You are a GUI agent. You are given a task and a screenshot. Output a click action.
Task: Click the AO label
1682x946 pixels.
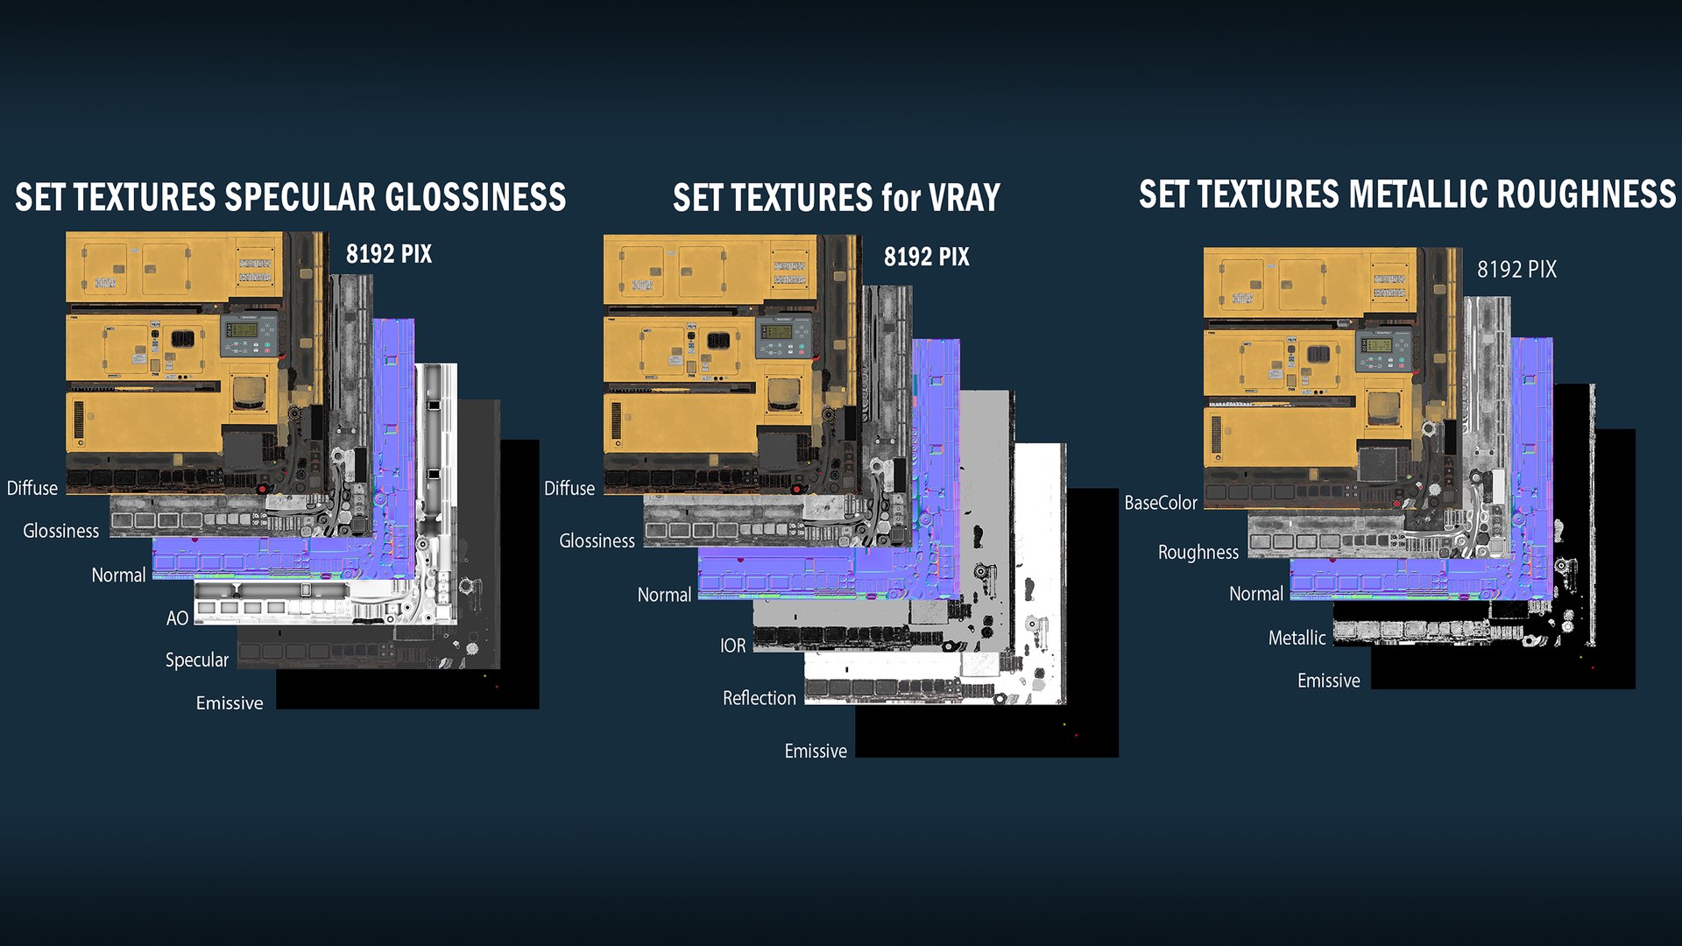click(177, 618)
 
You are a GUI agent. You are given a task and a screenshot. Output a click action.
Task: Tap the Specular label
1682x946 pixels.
click(197, 660)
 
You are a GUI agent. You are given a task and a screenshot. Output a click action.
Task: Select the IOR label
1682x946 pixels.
click(733, 646)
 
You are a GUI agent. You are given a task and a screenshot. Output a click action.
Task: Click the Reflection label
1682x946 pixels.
click(760, 698)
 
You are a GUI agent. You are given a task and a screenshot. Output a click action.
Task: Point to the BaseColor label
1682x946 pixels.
click(1161, 503)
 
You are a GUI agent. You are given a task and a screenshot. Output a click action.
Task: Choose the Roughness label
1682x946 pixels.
click(1198, 553)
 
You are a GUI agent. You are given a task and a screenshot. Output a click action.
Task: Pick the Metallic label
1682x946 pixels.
click(1297, 638)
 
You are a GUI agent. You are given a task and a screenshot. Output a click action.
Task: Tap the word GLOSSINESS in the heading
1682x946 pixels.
click(476, 197)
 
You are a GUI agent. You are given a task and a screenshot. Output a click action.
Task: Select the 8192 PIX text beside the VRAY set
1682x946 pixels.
click(927, 257)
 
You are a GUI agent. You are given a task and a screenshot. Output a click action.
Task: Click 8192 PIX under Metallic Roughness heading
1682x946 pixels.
click(1517, 269)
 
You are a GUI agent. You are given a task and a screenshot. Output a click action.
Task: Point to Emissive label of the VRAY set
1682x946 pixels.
click(816, 752)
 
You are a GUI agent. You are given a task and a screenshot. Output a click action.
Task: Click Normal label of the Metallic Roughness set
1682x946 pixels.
click(1256, 594)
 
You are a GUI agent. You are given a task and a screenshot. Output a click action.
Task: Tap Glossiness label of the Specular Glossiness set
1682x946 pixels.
click(61, 531)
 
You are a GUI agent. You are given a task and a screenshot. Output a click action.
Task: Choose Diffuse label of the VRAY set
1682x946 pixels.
click(569, 489)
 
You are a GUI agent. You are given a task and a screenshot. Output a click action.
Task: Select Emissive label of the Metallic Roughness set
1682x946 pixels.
click(1329, 681)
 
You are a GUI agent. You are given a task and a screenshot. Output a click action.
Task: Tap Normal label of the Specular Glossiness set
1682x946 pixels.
click(119, 575)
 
